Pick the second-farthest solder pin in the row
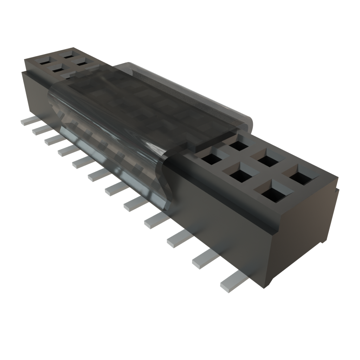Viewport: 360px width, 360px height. (39, 130)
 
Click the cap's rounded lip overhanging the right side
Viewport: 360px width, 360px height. (246, 121)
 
